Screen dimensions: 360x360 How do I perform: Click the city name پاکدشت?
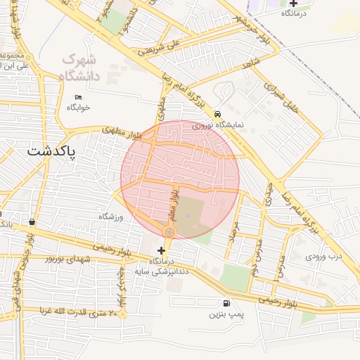click(x=53, y=151)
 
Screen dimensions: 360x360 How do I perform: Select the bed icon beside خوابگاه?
click(x=78, y=96)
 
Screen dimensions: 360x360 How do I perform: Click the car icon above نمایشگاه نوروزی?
click(x=217, y=113)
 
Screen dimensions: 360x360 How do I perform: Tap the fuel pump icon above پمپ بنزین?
click(x=223, y=303)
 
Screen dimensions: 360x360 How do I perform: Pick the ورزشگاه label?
click(x=110, y=217)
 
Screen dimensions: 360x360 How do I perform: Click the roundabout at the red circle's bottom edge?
click(x=169, y=232)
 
